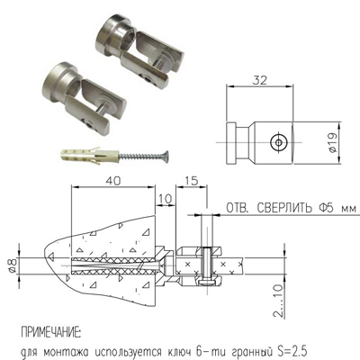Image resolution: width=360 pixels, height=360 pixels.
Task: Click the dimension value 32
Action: pos(259,80)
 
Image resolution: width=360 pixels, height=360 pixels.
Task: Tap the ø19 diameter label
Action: pos(333,142)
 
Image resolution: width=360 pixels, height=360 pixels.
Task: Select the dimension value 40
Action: pos(112,180)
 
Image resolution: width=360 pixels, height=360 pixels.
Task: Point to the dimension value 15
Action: pos(192,180)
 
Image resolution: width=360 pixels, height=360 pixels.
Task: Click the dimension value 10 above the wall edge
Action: pos(165,198)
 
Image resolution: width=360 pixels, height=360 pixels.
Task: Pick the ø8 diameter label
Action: pos(13,265)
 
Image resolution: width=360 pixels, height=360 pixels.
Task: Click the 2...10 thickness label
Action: pos(278,301)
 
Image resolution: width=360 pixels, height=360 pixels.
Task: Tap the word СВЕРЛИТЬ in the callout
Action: pos(283,208)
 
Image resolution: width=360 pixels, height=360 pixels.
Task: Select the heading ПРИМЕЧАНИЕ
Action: pos(50,333)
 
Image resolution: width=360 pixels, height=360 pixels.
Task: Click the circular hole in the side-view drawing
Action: pos(279,142)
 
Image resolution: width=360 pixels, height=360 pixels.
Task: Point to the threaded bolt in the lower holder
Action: pos(103,109)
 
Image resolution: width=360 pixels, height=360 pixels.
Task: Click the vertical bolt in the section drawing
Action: pos(207,265)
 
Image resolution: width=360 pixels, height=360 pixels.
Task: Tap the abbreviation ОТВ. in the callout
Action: pos(238,208)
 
